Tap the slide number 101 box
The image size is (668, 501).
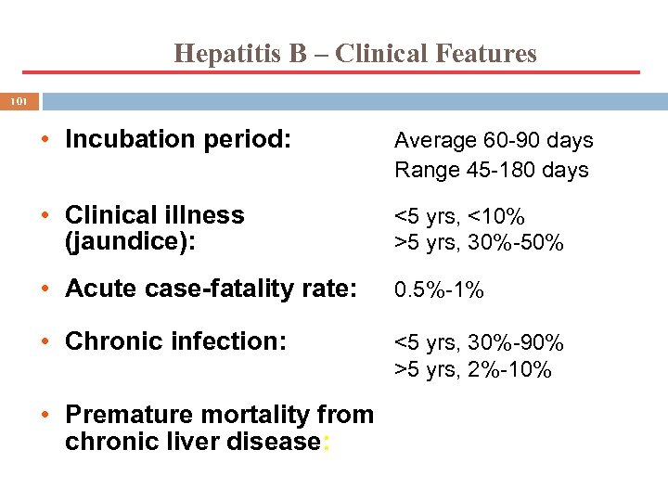[x=19, y=100]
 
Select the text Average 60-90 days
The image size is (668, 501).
[x=494, y=141]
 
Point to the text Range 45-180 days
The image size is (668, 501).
[x=492, y=171]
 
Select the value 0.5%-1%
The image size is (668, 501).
[x=439, y=291]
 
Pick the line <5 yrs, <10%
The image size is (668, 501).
[x=460, y=217]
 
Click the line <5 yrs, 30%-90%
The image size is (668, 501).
[x=480, y=343]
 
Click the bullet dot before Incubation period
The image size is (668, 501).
[x=44, y=141]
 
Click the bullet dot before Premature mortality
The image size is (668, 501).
[x=44, y=416]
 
